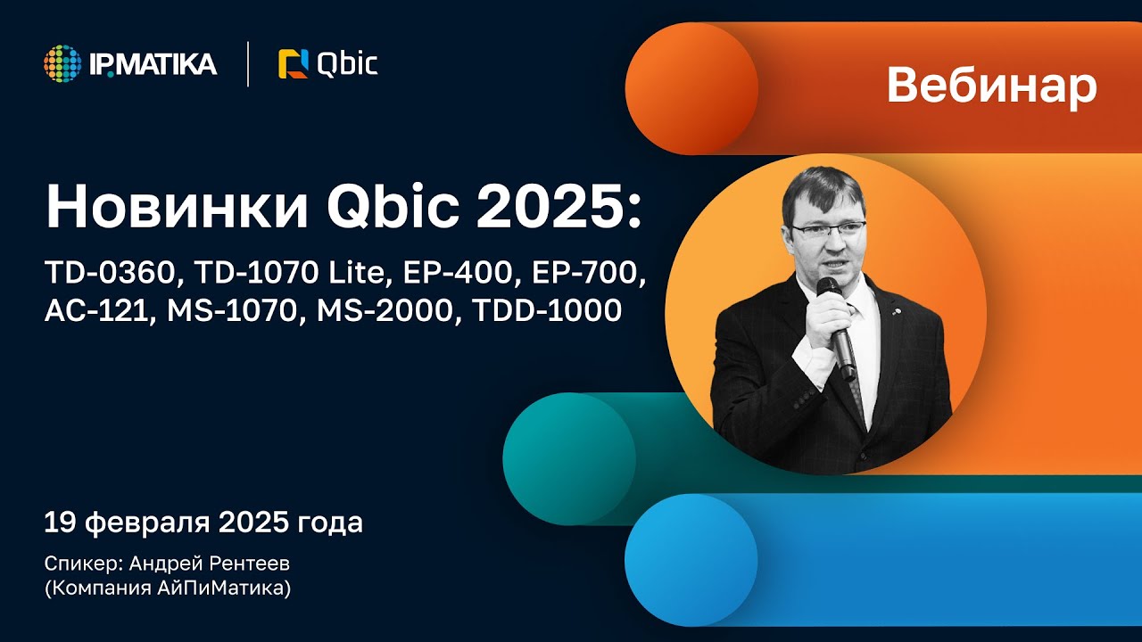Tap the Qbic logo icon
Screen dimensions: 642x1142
pos(293,64)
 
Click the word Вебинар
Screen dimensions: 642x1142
pos(991,86)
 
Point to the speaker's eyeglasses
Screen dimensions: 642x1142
pos(827,229)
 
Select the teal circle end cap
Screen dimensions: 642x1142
pos(569,458)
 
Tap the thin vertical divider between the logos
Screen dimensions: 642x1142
pos(248,64)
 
